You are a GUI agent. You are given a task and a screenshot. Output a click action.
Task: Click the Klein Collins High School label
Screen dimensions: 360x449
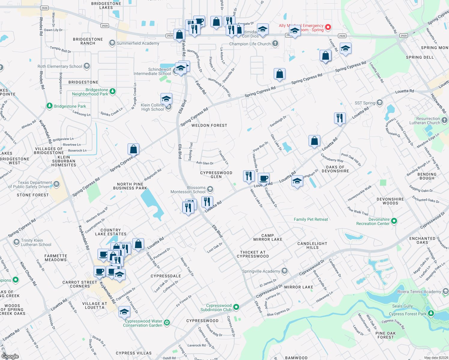pos(152,107)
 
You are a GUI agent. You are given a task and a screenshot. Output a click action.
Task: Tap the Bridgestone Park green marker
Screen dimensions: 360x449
pos(50,106)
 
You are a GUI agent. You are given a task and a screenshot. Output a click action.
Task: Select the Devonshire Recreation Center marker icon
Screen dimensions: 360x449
pos(394,221)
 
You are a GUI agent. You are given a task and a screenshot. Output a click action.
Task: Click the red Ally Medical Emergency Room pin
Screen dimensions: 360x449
pos(328,27)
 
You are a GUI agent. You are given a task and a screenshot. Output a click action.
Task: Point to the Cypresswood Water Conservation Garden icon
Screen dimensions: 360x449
pos(167,323)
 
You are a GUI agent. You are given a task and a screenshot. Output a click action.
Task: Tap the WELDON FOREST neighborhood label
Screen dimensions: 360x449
pos(209,125)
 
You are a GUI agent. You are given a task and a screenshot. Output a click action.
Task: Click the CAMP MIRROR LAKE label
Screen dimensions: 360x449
pos(268,237)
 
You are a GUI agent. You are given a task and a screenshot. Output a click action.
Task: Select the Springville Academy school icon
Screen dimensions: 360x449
pos(285,271)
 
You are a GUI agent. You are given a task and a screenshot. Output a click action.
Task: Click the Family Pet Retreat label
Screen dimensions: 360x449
pos(311,219)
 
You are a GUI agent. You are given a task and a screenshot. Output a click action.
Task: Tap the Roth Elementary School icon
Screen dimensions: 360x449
pos(87,66)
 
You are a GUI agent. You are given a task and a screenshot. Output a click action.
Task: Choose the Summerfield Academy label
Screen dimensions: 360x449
pos(138,43)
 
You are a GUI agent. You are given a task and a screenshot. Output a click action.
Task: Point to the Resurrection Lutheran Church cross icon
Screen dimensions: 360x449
pos(444,120)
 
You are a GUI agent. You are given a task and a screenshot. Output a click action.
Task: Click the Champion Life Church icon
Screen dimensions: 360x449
pos(275,44)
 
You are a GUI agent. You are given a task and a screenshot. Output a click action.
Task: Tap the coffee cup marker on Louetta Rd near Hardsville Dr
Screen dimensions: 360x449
pos(264,179)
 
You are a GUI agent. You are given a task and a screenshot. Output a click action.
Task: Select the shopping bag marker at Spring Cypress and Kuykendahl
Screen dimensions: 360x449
pos(133,149)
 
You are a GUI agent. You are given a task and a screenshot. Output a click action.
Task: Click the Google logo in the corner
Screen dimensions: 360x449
pos(10,356)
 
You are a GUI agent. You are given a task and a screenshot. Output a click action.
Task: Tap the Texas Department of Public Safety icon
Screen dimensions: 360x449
pos(56,184)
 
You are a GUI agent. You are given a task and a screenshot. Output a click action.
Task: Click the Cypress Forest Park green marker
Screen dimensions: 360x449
pos(431,313)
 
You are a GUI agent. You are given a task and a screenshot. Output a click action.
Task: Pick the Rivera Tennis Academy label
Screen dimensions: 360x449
pos(419,292)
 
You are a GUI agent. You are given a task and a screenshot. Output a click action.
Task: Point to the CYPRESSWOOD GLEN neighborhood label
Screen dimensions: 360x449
pos(216,175)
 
